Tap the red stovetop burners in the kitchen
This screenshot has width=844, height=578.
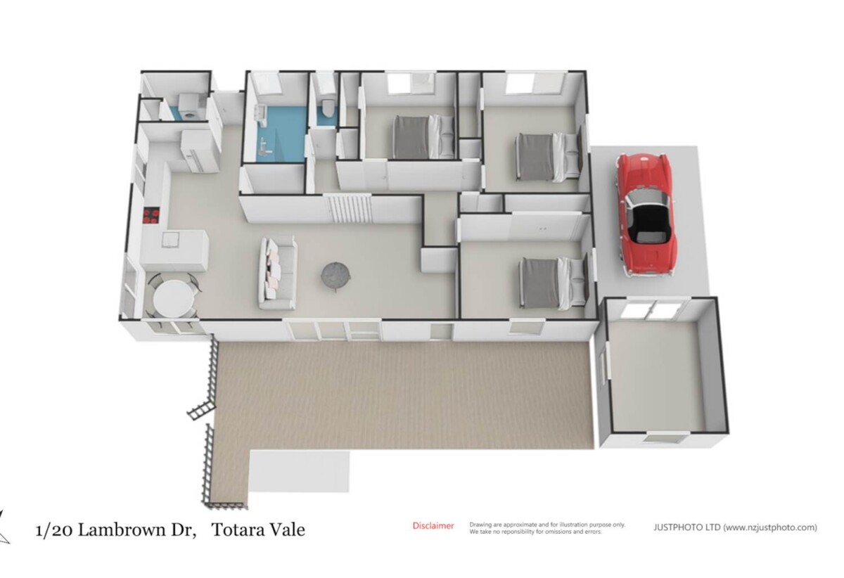[151, 217]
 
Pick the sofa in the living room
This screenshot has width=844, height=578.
[278, 274]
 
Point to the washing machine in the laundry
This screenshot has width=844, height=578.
[187, 108]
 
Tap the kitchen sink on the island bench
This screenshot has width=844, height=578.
[170, 240]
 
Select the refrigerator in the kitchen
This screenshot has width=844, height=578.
[199, 150]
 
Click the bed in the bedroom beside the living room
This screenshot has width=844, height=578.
[553, 283]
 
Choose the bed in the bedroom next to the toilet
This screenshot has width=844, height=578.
[423, 137]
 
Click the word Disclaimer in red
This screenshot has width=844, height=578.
[433, 526]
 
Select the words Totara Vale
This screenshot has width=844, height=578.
[259, 529]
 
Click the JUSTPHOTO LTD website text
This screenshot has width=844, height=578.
[735, 527]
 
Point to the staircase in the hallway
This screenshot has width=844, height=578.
[350, 209]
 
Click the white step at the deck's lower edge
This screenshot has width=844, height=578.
[299, 472]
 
